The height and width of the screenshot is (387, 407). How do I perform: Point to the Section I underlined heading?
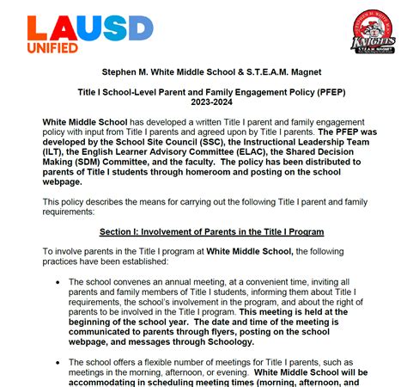pyautogui.click(x=210, y=233)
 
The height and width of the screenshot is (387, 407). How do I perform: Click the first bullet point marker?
pyautogui.click(x=57, y=282)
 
